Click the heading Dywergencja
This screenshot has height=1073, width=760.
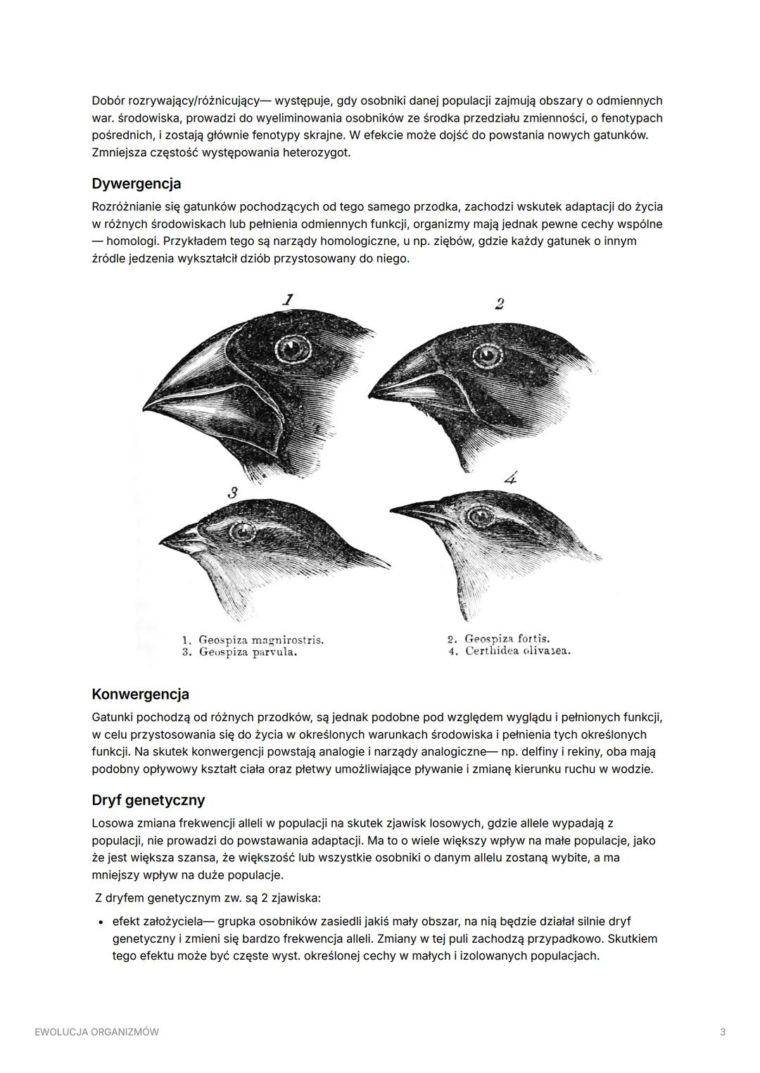click(x=137, y=184)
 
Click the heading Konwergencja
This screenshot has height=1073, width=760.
click(x=141, y=694)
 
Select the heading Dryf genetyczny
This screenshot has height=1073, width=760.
click(x=148, y=801)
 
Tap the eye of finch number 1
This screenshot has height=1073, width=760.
click(x=292, y=348)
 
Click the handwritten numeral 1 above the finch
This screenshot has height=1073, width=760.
click(x=287, y=300)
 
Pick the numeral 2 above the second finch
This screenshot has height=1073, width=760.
click(x=499, y=304)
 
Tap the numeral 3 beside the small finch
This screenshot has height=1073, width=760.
click(x=232, y=493)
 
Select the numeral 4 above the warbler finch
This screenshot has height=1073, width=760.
click(x=510, y=478)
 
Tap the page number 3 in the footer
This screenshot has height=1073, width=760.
click(x=723, y=1032)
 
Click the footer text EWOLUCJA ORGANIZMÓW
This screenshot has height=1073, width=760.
click(x=96, y=1032)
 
